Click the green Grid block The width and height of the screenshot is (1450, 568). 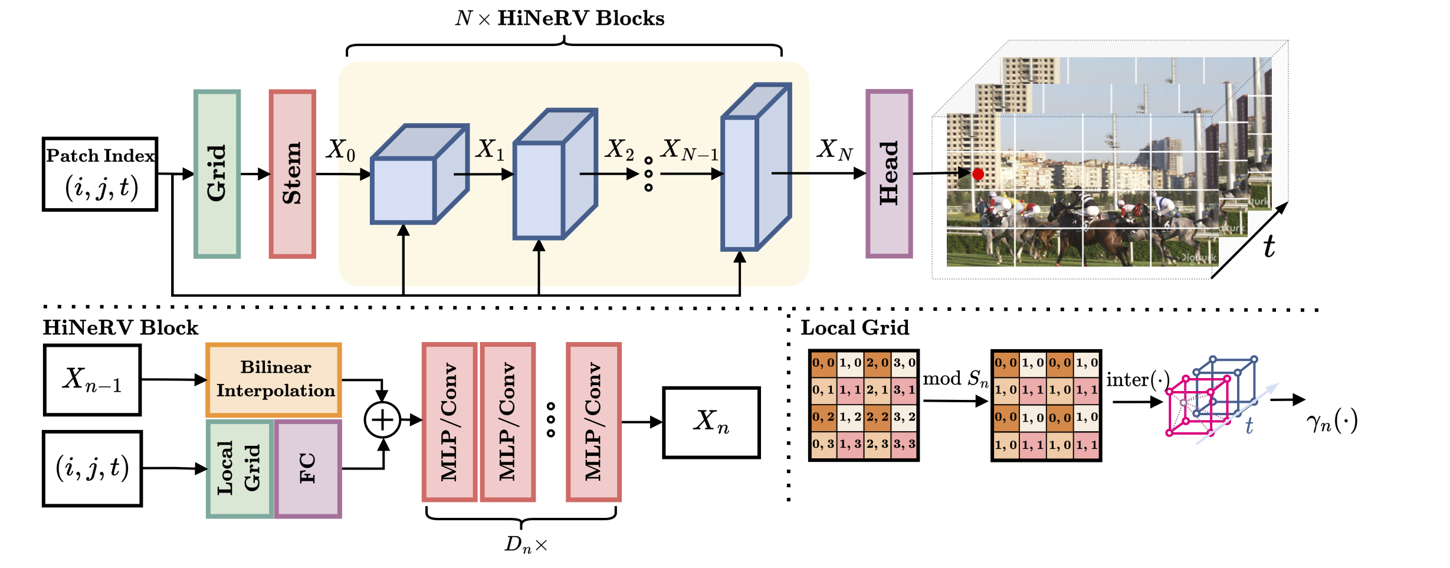[217, 174]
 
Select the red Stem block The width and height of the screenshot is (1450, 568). [293, 174]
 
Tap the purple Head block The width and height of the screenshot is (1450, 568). [889, 174]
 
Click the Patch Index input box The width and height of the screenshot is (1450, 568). [100, 174]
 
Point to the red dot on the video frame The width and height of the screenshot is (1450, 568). [978, 174]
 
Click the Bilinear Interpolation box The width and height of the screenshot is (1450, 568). [274, 380]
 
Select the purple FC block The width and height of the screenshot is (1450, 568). [308, 468]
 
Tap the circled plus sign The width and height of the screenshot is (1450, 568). [382, 420]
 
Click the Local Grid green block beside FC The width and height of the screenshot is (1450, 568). [240, 468]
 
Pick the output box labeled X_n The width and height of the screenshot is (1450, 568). [711, 422]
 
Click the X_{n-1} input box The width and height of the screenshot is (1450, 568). [93, 380]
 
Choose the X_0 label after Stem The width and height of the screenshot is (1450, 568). [341, 150]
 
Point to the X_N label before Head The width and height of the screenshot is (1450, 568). [834, 150]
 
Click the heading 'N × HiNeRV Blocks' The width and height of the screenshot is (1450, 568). [560, 19]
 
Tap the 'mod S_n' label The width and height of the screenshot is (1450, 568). [955, 379]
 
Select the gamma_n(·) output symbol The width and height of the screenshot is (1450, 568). [1331, 421]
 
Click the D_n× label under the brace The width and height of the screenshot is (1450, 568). [526, 544]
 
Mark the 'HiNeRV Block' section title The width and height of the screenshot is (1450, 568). [121, 328]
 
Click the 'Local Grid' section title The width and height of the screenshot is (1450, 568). [855, 328]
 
